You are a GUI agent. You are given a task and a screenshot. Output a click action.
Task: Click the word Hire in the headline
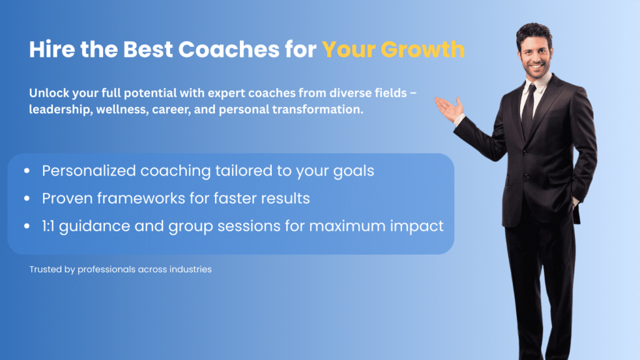(x=52, y=49)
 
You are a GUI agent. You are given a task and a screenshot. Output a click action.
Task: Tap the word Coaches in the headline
(x=229, y=49)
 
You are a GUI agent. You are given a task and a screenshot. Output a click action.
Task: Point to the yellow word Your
(x=349, y=49)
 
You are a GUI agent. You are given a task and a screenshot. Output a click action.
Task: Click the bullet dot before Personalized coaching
(x=27, y=171)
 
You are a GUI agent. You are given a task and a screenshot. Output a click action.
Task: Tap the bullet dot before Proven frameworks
(x=27, y=198)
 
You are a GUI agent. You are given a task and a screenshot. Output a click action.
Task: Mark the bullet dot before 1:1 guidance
(x=27, y=226)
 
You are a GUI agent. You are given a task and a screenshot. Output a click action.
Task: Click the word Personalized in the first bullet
(x=89, y=171)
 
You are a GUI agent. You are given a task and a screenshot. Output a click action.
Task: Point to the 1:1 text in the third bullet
(x=48, y=226)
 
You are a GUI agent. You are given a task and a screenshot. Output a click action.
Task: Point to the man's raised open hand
(x=449, y=108)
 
